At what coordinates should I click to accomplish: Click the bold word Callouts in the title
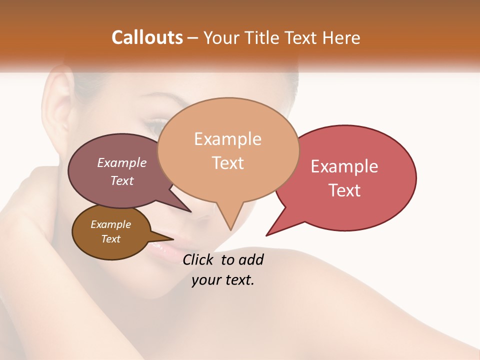(147, 37)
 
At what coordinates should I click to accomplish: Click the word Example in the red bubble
(344, 166)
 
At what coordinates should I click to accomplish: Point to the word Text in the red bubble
(344, 190)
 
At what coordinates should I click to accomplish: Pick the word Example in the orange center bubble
(227, 139)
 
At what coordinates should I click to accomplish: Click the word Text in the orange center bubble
(228, 163)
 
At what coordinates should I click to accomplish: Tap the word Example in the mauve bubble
(121, 162)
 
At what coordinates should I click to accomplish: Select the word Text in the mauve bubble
(122, 180)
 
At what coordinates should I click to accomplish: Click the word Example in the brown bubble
(110, 224)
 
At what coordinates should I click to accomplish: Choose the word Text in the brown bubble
(110, 239)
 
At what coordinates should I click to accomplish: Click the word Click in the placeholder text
(199, 259)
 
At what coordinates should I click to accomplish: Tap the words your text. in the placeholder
(223, 280)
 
